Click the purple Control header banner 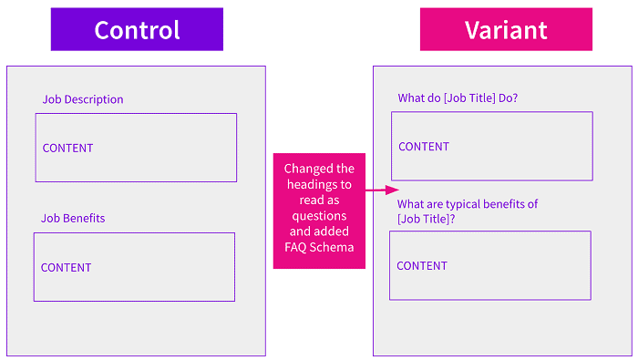click(137, 29)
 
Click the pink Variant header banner click(506, 29)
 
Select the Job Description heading click(83, 99)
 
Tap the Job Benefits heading click(73, 219)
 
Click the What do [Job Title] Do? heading click(458, 98)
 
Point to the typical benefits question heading click(468, 211)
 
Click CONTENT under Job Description click(68, 148)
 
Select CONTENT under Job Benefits click(66, 268)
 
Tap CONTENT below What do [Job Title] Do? click(424, 147)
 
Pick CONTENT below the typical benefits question click(422, 266)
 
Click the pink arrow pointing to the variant click(382, 190)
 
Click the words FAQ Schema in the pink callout click(319, 247)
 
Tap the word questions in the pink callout click(319, 216)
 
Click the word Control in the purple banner click(137, 30)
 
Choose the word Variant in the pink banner click(506, 30)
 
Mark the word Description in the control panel click(94, 99)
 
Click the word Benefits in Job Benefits click(84, 219)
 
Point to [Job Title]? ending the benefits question click(426, 220)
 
